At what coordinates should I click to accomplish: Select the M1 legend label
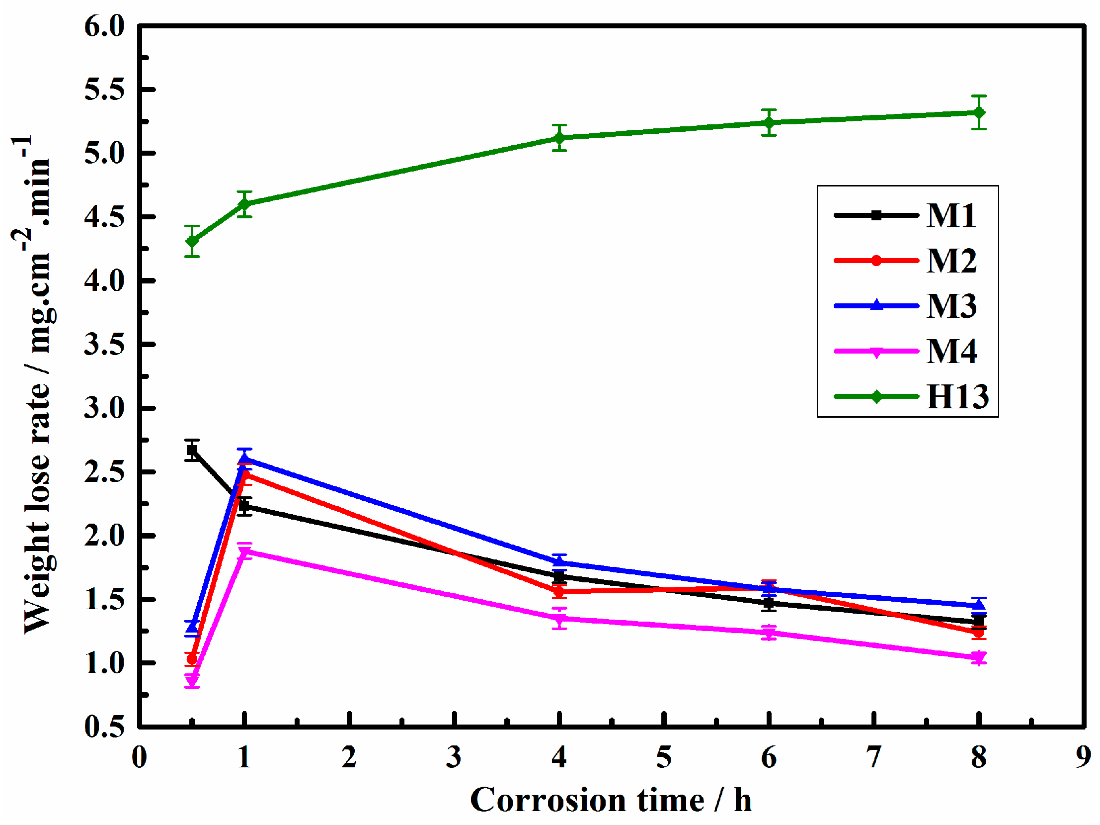click(951, 215)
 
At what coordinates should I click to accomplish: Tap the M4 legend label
click(951, 351)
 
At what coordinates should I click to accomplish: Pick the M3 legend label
click(951, 305)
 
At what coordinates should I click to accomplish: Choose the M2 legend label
click(951, 260)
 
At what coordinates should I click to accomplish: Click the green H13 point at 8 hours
click(978, 112)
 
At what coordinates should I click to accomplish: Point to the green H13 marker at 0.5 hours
click(192, 241)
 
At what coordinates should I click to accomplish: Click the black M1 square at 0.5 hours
click(192, 451)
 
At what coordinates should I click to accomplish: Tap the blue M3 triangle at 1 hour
click(244, 459)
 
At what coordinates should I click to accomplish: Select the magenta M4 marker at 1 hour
click(244, 552)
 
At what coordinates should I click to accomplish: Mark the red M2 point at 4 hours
click(559, 592)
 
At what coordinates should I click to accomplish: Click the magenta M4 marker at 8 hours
click(978, 658)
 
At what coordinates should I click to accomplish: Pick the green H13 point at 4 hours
click(559, 137)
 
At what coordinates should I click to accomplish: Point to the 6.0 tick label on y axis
click(104, 26)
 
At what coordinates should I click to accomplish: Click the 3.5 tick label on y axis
click(104, 344)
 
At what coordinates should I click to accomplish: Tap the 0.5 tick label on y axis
click(104, 727)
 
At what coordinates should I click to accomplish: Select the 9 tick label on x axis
click(1083, 757)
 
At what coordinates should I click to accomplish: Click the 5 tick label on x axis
click(663, 757)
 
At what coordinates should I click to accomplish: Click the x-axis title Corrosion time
click(611, 801)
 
